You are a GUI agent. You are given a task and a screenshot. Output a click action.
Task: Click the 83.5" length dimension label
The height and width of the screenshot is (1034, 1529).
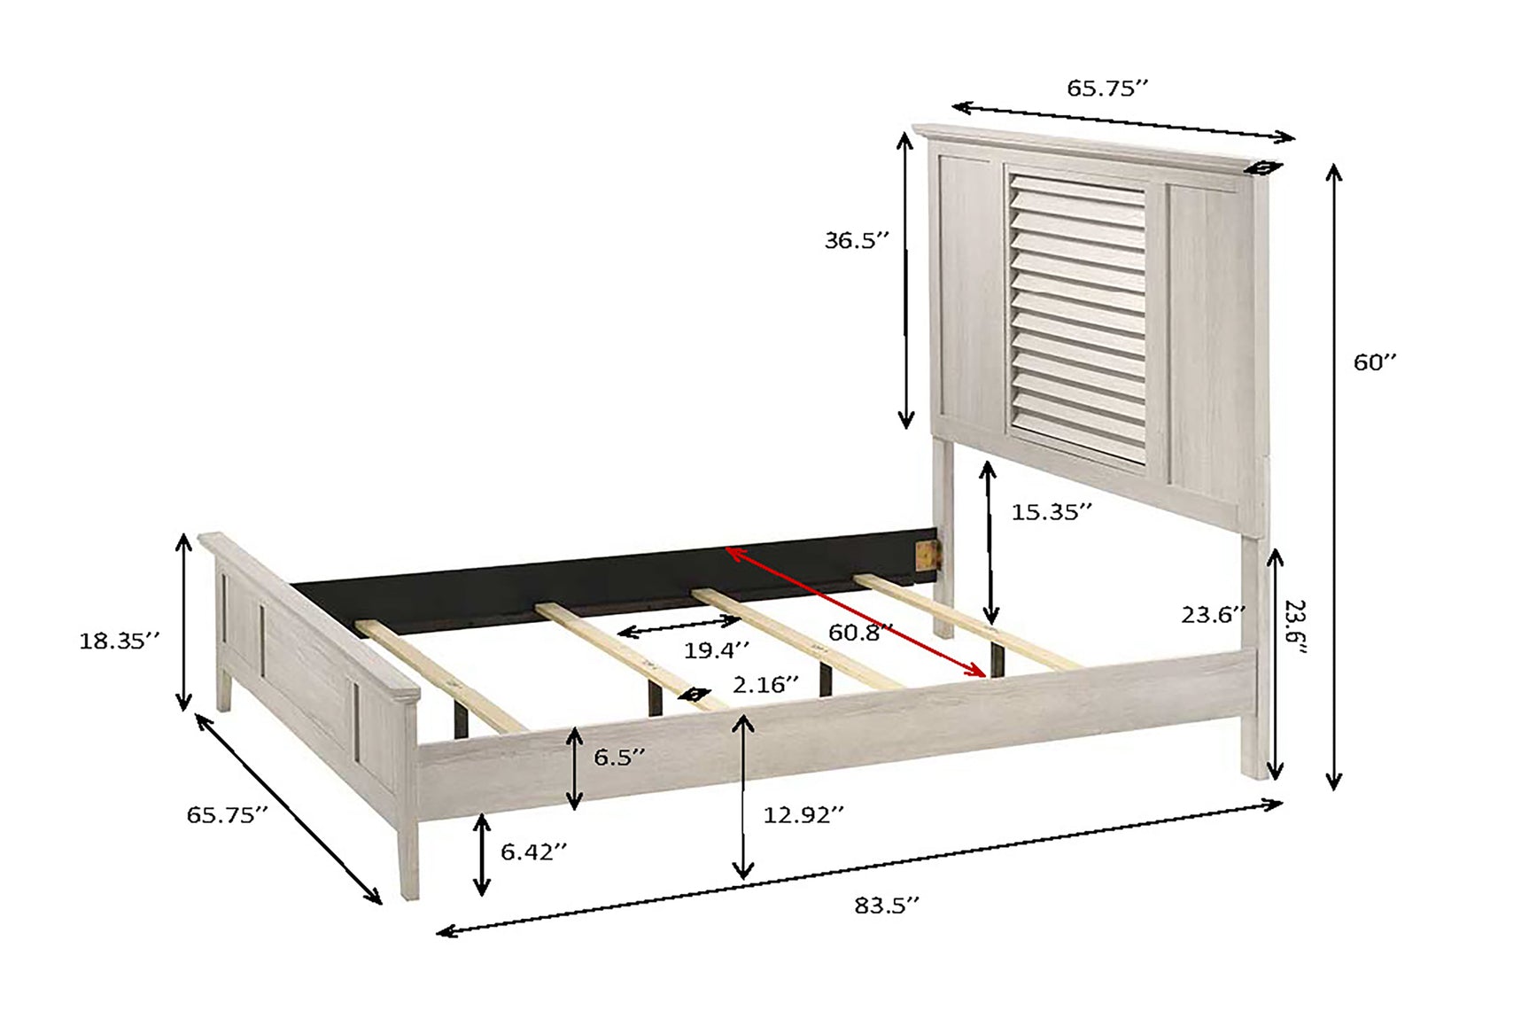[887, 906]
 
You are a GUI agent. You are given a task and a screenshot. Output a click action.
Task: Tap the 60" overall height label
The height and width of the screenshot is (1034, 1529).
[1375, 362]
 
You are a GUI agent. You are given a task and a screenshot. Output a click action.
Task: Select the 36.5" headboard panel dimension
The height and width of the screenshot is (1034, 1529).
[857, 240]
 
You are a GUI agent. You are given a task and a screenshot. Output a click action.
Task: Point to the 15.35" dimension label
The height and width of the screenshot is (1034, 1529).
[1052, 512]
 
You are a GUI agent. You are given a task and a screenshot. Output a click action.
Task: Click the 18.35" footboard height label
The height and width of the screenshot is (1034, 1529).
[120, 641]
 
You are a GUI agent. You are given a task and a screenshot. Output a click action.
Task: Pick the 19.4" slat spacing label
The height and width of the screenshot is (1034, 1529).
[717, 650]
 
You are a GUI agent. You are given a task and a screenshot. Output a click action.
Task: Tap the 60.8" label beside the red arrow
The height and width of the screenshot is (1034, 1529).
[860, 633]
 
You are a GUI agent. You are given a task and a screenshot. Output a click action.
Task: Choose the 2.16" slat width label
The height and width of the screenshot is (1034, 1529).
[765, 685]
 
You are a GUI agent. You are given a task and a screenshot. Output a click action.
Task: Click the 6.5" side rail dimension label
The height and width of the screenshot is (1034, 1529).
[619, 758]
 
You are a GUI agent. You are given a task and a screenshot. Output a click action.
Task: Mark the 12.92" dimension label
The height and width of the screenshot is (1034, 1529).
[803, 814]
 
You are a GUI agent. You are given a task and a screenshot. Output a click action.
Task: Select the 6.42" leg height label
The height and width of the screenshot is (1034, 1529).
[533, 851]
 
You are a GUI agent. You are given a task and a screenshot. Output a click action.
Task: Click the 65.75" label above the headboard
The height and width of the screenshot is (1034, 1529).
[1107, 88]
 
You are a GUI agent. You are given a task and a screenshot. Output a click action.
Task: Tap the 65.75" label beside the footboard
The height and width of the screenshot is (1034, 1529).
[227, 815]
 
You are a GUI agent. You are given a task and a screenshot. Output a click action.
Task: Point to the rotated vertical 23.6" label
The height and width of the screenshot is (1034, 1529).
[1296, 627]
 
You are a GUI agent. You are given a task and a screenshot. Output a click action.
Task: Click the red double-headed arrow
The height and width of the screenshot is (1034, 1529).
[856, 612]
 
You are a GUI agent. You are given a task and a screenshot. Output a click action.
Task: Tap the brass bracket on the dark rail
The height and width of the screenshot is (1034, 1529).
[927, 553]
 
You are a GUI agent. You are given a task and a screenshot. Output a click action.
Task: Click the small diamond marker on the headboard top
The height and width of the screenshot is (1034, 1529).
[1262, 167]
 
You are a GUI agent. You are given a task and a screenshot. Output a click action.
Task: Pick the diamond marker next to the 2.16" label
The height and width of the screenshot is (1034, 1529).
[695, 695]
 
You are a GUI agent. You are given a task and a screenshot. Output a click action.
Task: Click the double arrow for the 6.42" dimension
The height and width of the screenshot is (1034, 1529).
[482, 855]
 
